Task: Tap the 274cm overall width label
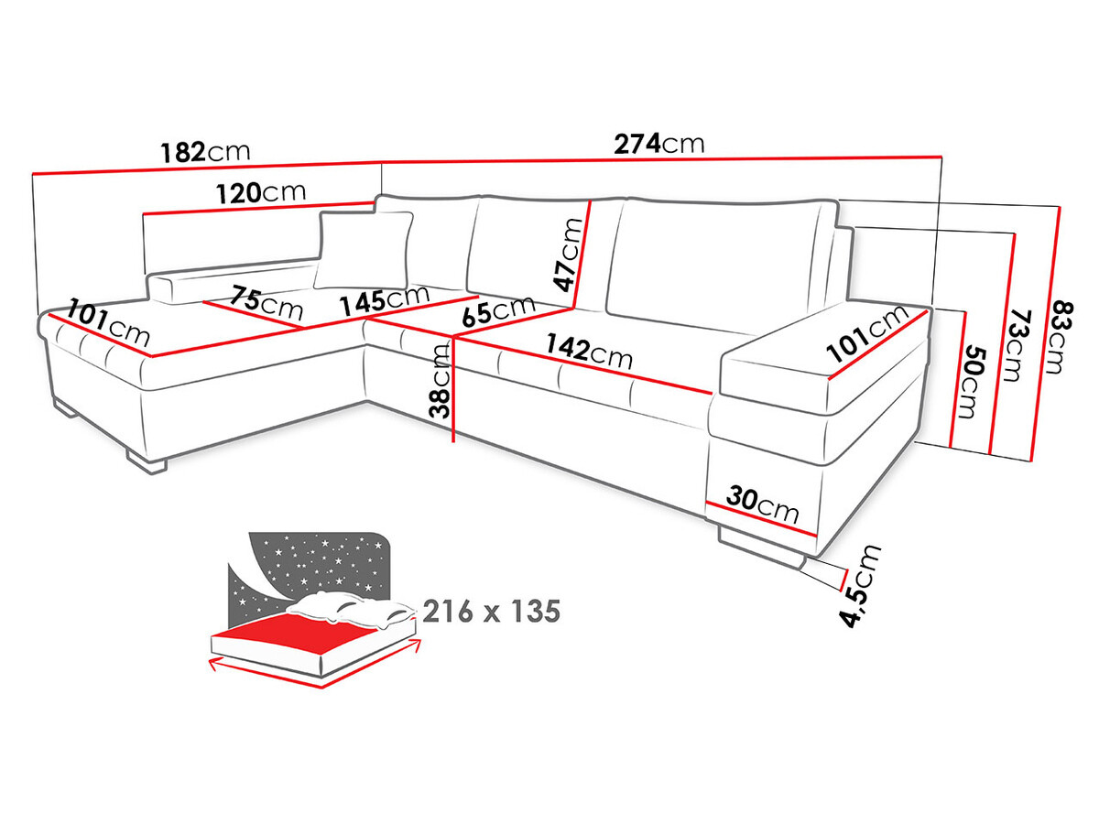pos(658,144)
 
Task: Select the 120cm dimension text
pos(261,193)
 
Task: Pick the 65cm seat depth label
pos(498,310)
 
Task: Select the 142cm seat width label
pos(588,351)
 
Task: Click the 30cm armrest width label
pos(762,503)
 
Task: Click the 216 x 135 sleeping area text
pos(491,612)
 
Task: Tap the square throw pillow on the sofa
pos(365,249)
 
